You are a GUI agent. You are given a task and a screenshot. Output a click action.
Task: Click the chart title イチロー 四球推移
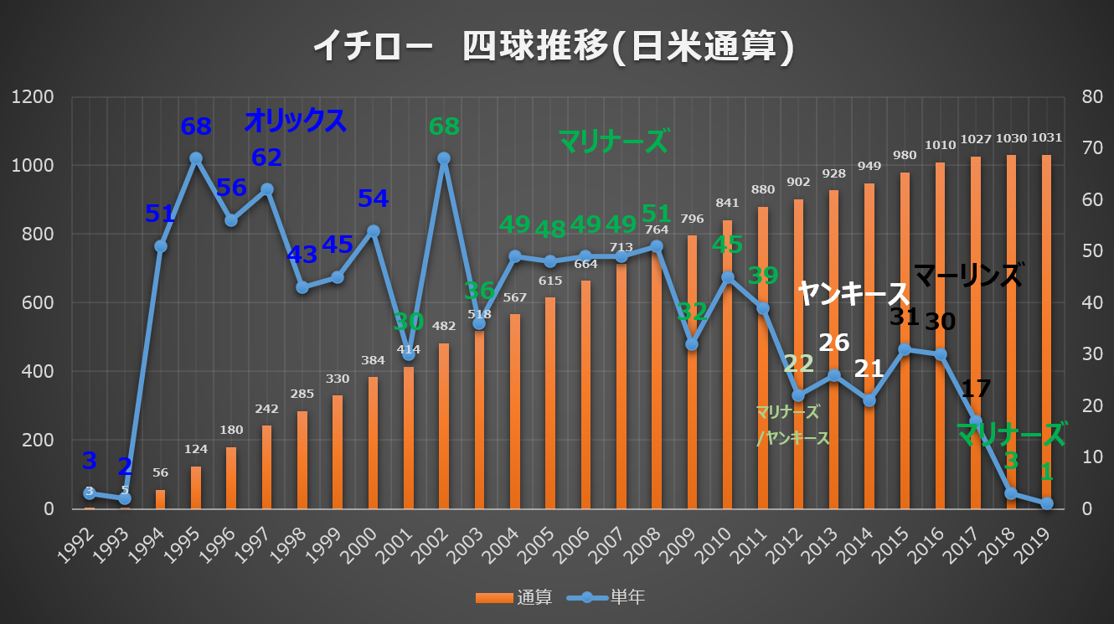tap(553, 48)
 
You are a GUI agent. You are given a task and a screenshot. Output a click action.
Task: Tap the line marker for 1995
tap(196, 158)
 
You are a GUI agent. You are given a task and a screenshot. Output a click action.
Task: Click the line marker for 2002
tap(444, 158)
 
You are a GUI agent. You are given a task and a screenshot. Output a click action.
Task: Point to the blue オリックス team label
tap(295, 121)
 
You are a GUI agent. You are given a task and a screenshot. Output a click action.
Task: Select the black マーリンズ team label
tap(967, 275)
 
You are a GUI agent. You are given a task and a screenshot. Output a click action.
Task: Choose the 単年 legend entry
tap(606, 597)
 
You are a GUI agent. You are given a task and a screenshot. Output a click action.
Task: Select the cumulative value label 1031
tap(1047, 138)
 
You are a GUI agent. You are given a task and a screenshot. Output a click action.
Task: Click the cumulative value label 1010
tap(940, 146)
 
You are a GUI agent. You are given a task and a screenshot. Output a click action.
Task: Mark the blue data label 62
tap(266, 157)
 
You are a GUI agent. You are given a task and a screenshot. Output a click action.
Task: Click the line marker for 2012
tap(798, 395)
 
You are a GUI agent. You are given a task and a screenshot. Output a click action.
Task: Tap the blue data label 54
tap(373, 199)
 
